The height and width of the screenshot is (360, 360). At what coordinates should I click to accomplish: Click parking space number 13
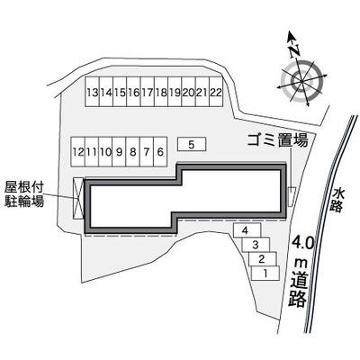click(92, 92)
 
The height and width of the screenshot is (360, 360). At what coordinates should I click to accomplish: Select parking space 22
click(216, 92)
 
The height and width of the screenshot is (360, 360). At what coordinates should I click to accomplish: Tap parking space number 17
click(148, 92)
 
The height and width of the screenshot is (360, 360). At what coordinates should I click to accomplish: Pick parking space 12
click(78, 151)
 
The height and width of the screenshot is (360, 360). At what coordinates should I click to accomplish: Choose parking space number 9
click(119, 151)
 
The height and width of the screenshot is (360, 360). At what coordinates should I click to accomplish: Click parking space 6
click(160, 151)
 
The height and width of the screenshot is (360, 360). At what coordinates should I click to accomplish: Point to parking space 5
click(192, 144)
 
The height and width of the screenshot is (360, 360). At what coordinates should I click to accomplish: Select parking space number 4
click(247, 230)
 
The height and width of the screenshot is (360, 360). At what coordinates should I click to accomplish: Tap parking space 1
click(265, 274)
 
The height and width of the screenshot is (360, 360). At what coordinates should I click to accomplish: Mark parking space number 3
click(256, 245)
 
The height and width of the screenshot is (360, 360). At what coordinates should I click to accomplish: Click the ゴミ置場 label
click(277, 140)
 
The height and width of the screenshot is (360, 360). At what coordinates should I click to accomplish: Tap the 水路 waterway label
click(338, 200)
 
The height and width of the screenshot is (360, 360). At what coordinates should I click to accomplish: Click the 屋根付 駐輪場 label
click(24, 194)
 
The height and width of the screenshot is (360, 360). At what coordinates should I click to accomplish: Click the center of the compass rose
click(301, 81)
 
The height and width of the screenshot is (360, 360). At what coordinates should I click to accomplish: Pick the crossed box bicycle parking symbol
click(78, 198)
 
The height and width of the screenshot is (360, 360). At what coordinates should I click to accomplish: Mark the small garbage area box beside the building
click(292, 196)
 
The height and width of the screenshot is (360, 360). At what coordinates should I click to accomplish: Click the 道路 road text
click(298, 288)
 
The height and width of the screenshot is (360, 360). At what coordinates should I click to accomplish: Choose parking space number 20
click(188, 92)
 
